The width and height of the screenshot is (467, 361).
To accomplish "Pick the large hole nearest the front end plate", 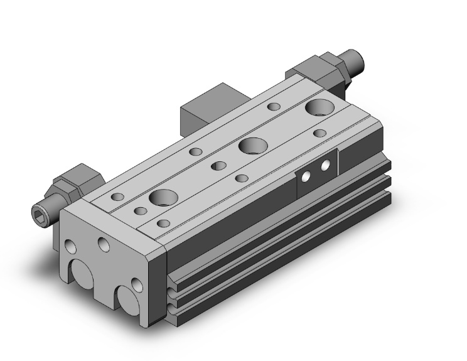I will (163, 198).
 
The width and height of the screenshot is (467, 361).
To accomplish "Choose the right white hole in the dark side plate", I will (326, 166).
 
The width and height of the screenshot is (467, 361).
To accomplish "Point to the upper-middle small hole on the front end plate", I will (103, 242).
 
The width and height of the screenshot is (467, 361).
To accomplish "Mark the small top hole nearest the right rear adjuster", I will (274, 106).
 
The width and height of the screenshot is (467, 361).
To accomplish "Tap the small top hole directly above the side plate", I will (319, 133).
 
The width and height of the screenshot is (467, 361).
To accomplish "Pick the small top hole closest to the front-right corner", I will (164, 223).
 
